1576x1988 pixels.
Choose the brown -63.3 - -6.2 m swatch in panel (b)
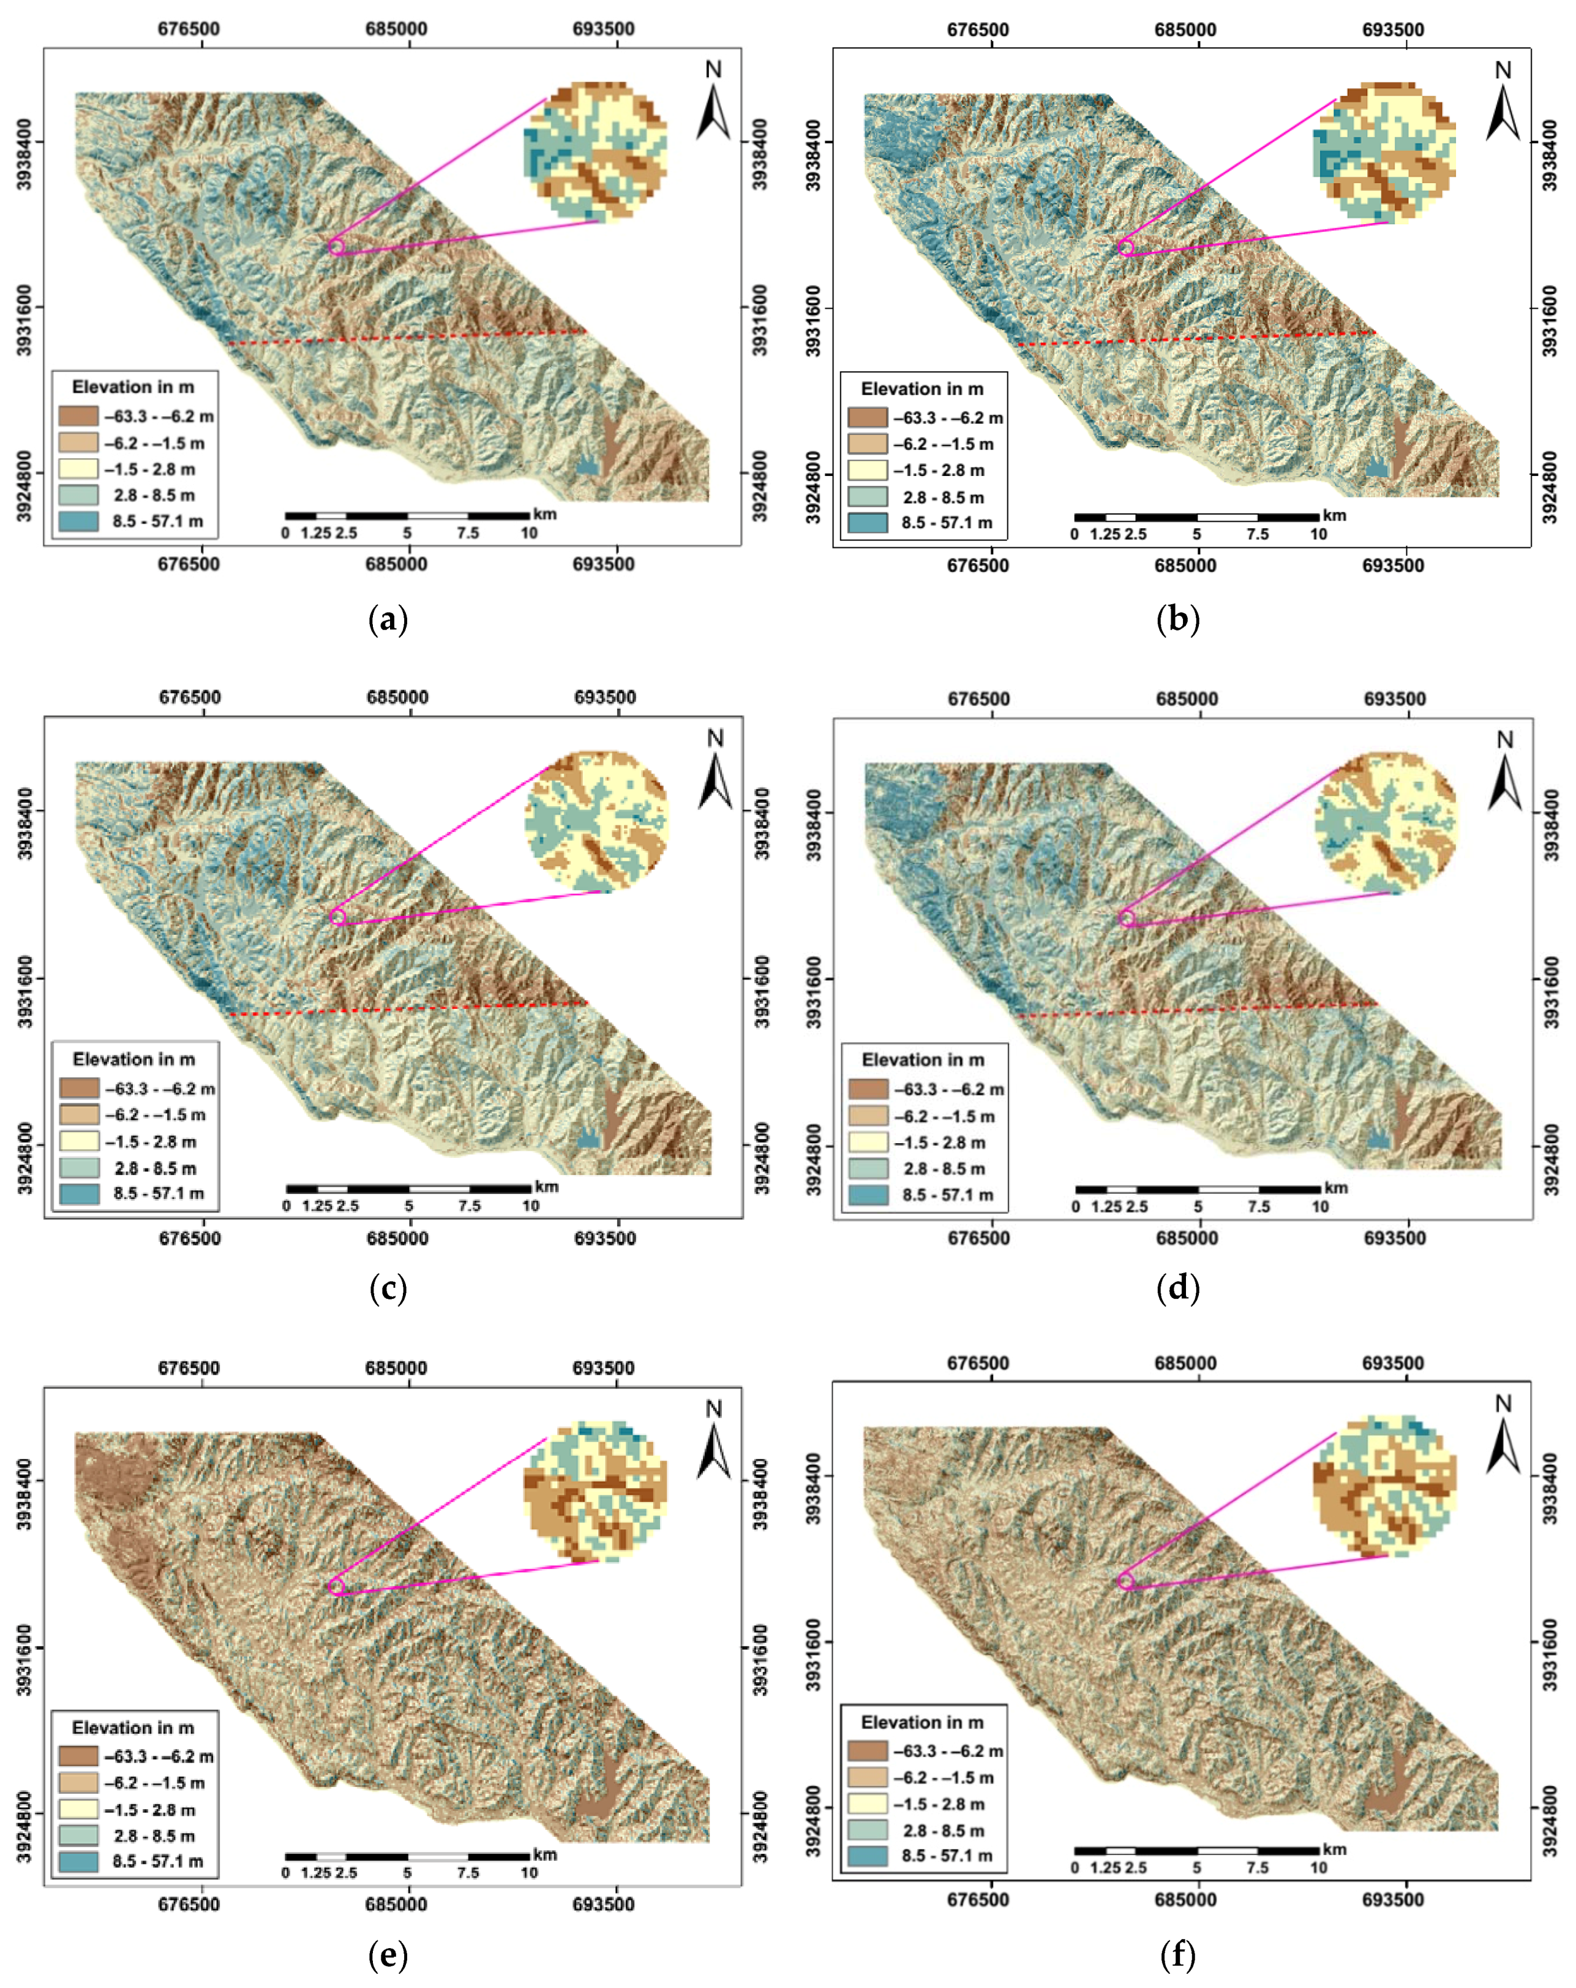[x=867, y=418]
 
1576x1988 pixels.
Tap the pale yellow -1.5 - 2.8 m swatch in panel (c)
[x=78, y=1141]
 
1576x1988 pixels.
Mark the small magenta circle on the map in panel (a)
[x=336, y=246]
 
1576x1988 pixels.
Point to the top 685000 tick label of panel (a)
[x=396, y=29]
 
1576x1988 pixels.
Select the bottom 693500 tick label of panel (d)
[x=1394, y=1238]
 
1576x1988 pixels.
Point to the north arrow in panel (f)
[x=1503, y=1446]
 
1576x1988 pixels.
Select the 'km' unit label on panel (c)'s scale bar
[x=546, y=1187]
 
